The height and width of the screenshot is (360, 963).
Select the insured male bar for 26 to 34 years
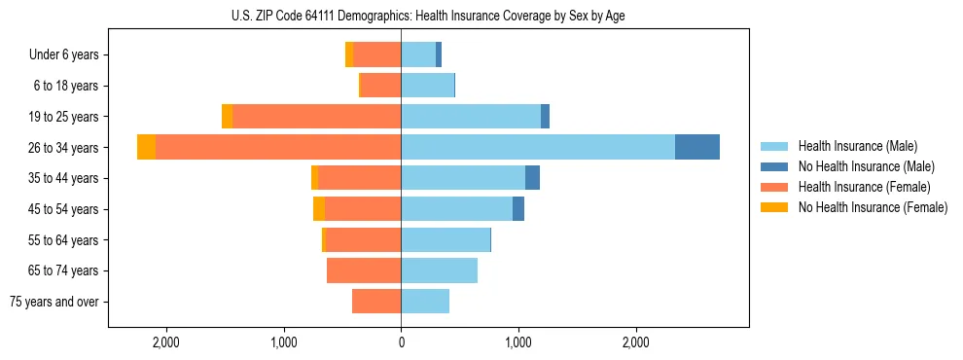tap(538, 147)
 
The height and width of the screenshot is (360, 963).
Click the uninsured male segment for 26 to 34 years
tap(697, 147)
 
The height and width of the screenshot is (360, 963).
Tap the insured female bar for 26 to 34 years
tap(278, 147)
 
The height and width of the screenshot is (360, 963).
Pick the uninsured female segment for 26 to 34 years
tap(146, 147)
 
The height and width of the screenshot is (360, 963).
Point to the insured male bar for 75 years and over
tap(425, 302)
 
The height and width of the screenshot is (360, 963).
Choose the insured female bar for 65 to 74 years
tap(364, 270)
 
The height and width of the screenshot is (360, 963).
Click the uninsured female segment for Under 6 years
tap(349, 54)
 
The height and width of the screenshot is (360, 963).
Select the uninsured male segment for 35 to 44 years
tap(532, 178)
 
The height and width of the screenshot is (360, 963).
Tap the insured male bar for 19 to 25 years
tap(471, 116)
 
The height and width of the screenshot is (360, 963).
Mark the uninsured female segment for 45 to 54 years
tap(319, 209)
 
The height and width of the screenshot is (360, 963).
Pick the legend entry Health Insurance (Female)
tap(864, 187)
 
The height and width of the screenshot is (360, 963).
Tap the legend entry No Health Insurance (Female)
tap(873, 207)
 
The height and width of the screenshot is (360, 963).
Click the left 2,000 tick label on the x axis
tap(166, 342)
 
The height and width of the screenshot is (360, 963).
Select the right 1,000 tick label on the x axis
tap(518, 342)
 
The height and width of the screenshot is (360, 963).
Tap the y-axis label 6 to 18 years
tap(66, 86)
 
